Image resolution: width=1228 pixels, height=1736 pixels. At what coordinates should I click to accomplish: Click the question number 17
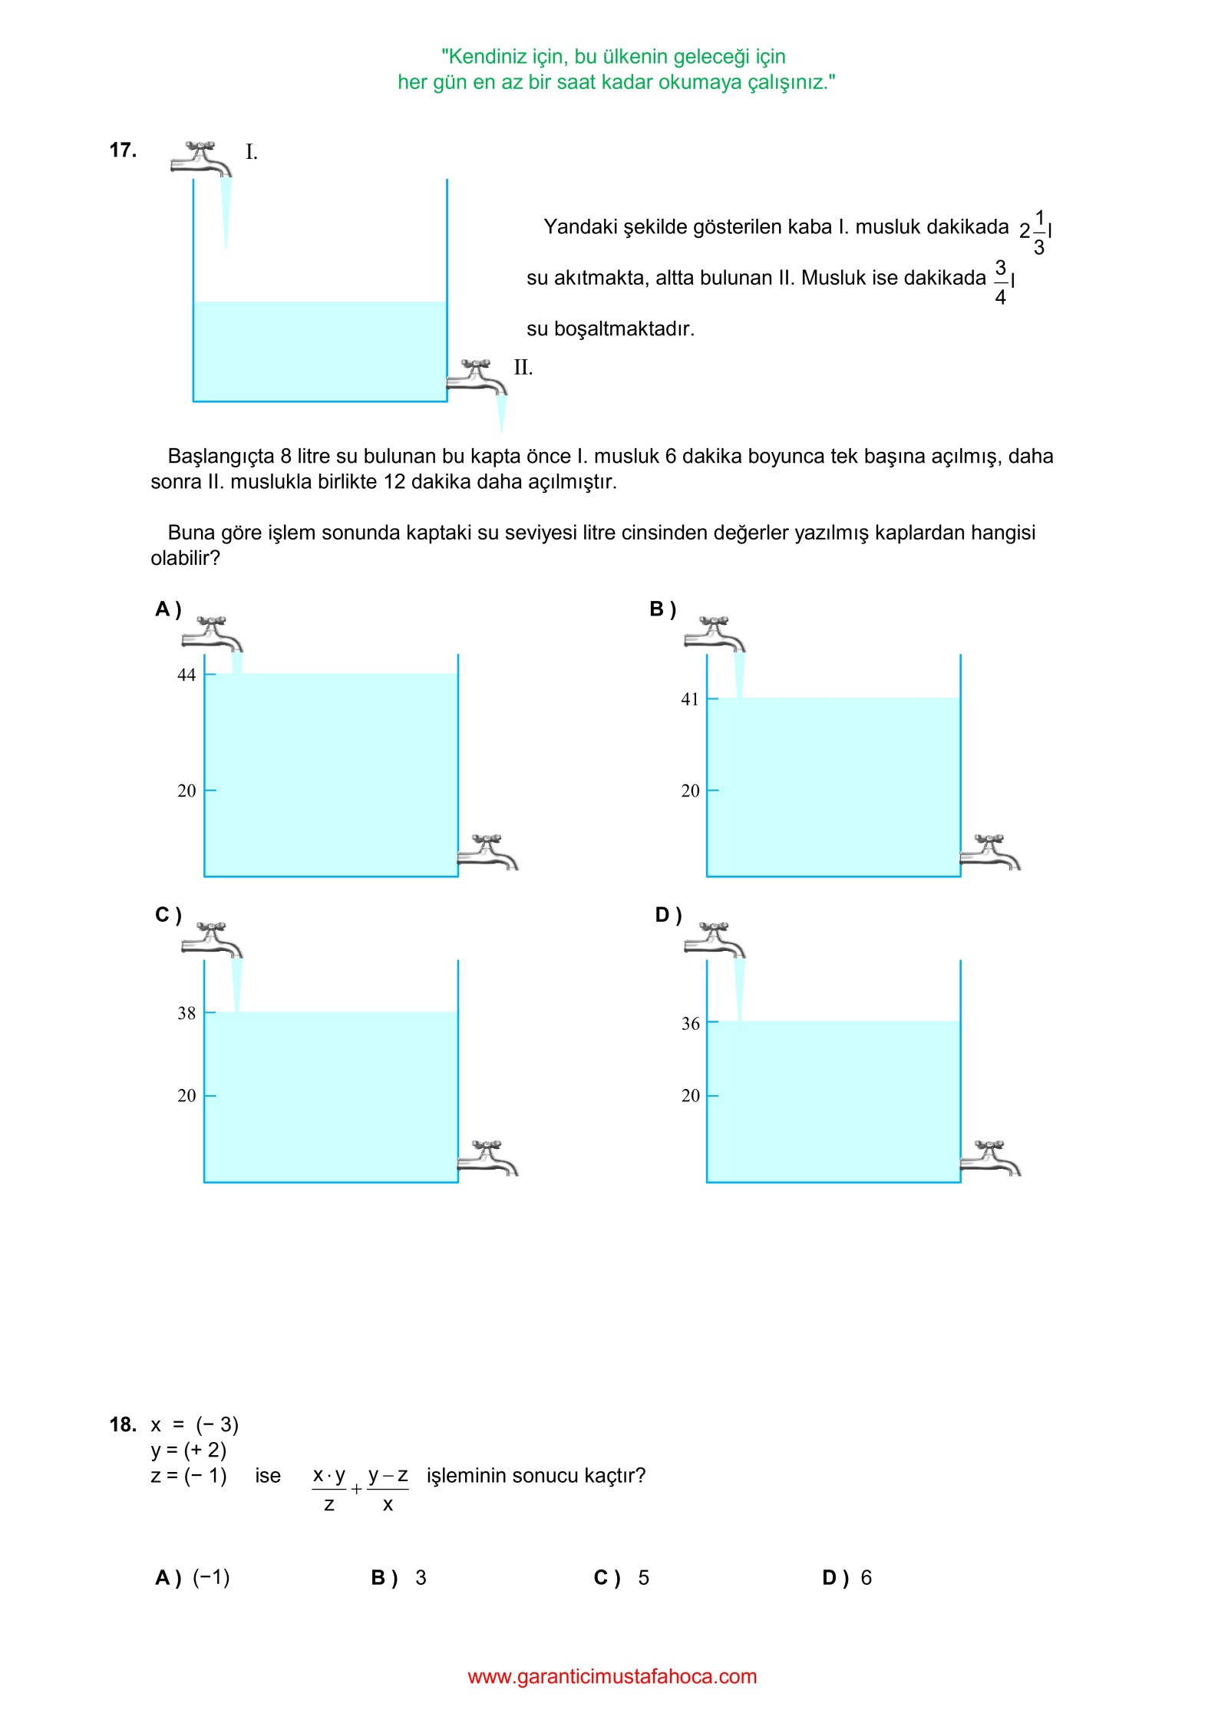(x=123, y=150)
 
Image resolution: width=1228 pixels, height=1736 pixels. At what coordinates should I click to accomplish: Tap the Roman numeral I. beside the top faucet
(x=251, y=152)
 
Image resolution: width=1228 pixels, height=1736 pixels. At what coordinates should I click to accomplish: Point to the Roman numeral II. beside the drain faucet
(x=523, y=368)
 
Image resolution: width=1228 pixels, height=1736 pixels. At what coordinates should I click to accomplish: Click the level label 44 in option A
(x=187, y=675)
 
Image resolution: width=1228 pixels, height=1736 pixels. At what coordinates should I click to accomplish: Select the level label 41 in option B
(x=690, y=699)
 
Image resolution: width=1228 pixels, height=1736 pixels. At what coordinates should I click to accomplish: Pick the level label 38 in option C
(x=187, y=1013)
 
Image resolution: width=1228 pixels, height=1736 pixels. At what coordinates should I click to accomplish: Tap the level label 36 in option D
(x=690, y=1024)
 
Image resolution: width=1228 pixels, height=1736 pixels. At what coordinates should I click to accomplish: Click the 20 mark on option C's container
(x=187, y=1096)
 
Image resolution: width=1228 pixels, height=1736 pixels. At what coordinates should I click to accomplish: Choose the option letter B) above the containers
(x=662, y=609)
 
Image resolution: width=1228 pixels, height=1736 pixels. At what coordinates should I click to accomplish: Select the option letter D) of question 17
(x=668, y=915)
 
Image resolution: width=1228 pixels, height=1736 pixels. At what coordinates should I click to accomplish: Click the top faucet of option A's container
(x=213, y=634)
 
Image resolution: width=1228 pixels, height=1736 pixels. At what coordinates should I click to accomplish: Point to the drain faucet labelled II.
(x=477, y=378)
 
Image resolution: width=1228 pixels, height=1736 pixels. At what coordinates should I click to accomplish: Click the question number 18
(x=123, y=1425)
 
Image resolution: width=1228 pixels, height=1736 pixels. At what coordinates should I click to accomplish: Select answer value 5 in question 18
(x=643, y=1578)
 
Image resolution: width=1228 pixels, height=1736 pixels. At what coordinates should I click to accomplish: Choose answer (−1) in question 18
(x=211, y=1578)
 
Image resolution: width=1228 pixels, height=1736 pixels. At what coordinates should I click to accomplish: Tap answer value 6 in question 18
(x=866, y=1578)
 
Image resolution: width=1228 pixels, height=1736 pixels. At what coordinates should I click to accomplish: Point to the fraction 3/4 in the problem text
(x=1000, y=282)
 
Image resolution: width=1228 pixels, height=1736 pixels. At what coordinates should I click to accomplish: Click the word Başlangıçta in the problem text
(x=221, y=457)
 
